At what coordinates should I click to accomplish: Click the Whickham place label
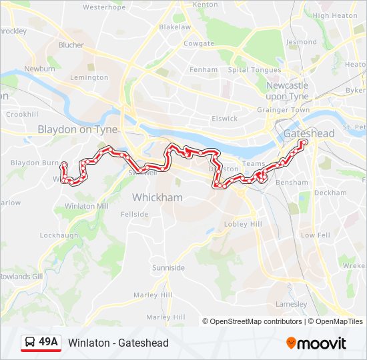pyautogui.click(x=157, y=197)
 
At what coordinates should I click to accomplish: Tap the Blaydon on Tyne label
pyautogui.click(x=77, y=129)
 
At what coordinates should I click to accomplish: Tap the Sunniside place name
pyautogui.click(x=168, y=267)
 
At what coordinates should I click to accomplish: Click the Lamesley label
pyautogui.click(x=291, y=304)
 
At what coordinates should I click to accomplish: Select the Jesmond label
pyautogui.click(x=302, y=41)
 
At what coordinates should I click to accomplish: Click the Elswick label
pyautogui.click(x=224, y=119)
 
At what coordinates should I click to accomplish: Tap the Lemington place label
pyautogui.click(x=89, y=77)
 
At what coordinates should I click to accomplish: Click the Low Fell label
pyautogui.click(x=316, y=235)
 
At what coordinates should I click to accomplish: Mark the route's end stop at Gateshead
pyautogui.click(x=304, y=142)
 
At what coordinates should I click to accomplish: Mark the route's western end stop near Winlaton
pyautogui.click(x=64, y=165)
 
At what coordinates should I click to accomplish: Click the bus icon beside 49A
pyautogui.click(x=30, y=343)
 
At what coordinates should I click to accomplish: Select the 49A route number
pyautogui.click(x=49, y=343)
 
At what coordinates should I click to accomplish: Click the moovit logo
pyautogui.click(x=316, y=343)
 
